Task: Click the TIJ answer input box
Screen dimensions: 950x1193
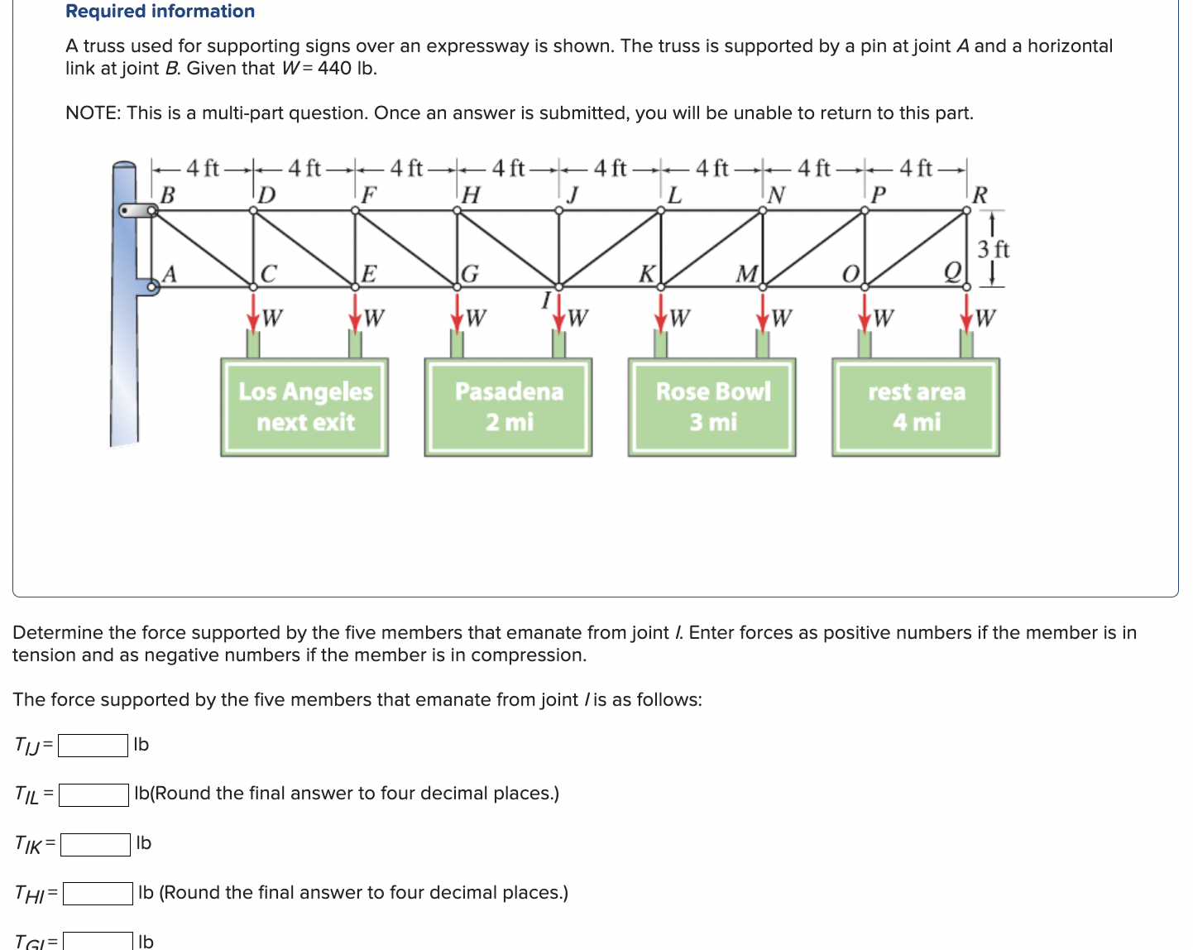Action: point(93,745)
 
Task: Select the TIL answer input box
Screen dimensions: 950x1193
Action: point(93,794)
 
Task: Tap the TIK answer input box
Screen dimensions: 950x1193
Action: point(95,844)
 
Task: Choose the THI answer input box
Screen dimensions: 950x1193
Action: point(98,894)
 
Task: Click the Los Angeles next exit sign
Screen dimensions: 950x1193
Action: point(304,406)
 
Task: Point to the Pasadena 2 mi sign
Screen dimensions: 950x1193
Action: point(508,406)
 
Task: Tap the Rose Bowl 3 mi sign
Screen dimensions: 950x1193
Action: point(711,406)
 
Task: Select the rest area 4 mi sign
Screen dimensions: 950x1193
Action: point(916,406)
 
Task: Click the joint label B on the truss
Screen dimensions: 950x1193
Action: point(167,195)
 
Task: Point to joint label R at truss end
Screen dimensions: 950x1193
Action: point(980,195)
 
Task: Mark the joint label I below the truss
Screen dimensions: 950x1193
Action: point(546,300)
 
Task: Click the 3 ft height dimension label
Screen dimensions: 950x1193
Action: point(993,249)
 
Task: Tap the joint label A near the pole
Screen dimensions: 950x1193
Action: point(170,273)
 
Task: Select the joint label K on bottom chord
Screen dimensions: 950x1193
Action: point(647,273)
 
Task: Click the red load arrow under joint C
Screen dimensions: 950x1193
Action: point(253,312)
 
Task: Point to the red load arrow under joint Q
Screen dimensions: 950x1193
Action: point(965,312)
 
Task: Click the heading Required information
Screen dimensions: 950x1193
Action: point(160,11)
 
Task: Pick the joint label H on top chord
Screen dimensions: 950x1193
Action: point(471,195)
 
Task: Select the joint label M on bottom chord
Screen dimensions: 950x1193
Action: point(746,273)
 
